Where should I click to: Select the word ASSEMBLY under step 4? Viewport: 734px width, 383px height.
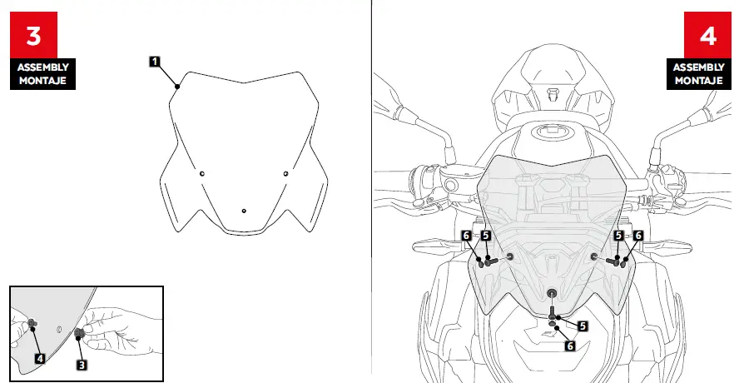coord(698,67)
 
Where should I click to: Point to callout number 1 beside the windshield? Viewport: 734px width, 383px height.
coord(155,61)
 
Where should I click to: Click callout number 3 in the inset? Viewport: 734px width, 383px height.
coord(82,364)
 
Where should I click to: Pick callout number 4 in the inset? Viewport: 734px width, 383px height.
coord(39,358)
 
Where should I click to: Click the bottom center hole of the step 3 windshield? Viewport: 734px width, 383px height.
coord(243,211)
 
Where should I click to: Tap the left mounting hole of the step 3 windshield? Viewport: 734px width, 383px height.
coord(201,173)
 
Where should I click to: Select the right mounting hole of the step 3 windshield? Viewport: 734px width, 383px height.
coord(285,173)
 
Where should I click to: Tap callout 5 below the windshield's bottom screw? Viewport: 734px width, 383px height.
coord(582,326)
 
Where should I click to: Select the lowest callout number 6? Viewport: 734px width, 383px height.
coord(570,345)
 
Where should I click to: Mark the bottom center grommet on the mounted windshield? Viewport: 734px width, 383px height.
coord(552,293)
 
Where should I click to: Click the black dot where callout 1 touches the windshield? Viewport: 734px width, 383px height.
coord(177,84)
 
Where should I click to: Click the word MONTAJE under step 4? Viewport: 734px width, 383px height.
coord(698,81)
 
